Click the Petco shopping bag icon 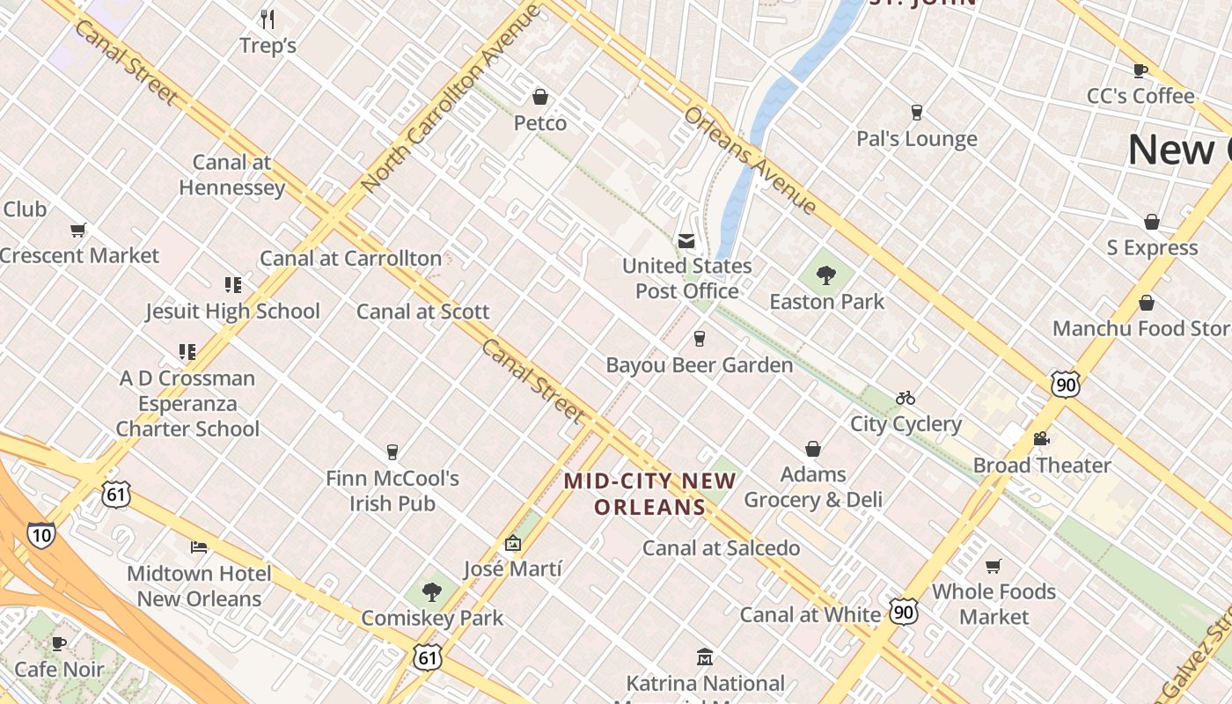[x=540, y=97]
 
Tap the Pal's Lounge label [x=916, y=139]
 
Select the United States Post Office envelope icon [x=686, y=241]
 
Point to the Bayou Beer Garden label [x=699, y=364]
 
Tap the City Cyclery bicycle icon [x=906, y=399]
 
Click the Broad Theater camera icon [x=1042, y=438]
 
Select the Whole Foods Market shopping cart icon [x=994, y=566]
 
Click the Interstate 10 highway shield [x=40, y=534]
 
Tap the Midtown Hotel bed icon [x=199, y=547]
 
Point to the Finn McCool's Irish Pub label [x=392, y=491]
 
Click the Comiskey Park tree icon [x=431, y=591]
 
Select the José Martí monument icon [x=513, y=544]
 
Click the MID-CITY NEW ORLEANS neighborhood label [x=649, y=494]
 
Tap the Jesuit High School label [x=232, y=311]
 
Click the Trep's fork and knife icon [x=268, y=18]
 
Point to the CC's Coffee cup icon [x=1140, y=70]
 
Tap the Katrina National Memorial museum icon [x=704, y=657]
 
